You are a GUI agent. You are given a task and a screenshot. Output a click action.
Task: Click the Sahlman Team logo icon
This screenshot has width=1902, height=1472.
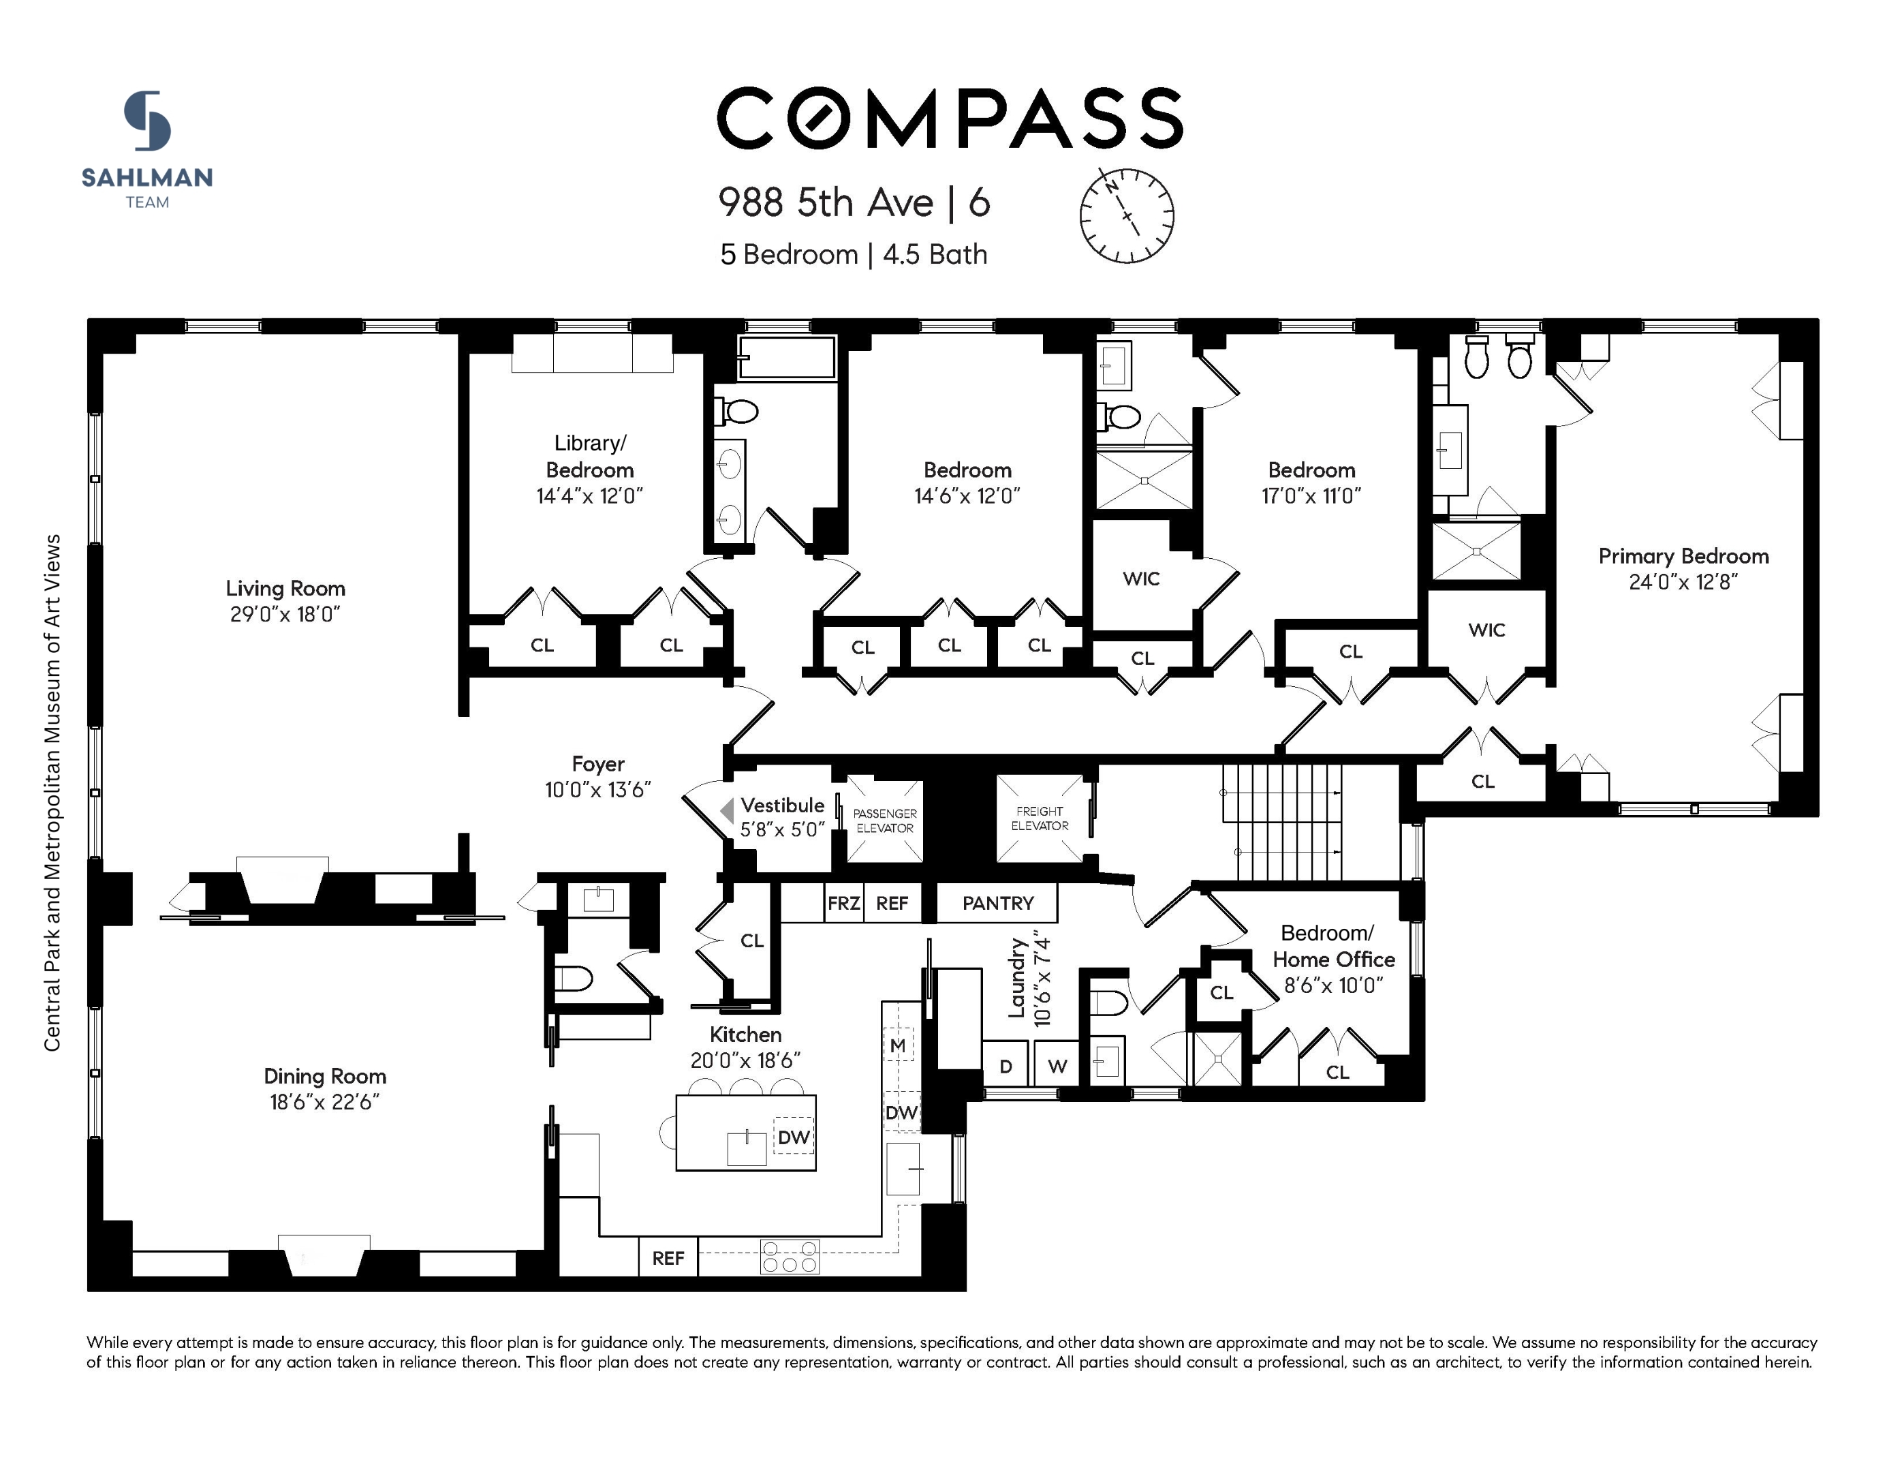click(147, 121)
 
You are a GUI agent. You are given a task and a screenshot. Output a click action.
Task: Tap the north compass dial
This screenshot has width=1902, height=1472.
click(1126, 215)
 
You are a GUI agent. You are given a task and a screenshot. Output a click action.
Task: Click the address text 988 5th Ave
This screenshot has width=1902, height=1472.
click(826, 202)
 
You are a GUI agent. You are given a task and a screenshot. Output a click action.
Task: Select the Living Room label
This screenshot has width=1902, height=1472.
click(285, 589)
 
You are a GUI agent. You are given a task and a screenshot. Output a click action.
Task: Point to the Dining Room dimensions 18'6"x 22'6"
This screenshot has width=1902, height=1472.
click(324, 1102)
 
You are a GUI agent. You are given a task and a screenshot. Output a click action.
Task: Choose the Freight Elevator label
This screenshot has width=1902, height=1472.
click(1039, 818)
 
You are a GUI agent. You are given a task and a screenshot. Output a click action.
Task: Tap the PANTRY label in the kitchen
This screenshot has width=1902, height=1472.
click(997, 903)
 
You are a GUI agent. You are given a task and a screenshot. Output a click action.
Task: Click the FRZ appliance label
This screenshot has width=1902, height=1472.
click(843, 903)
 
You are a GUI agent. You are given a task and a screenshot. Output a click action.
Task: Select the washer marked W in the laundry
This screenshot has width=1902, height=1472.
click(1057, 1066)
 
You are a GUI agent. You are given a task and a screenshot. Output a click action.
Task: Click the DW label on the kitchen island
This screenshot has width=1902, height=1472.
click(794, 1137)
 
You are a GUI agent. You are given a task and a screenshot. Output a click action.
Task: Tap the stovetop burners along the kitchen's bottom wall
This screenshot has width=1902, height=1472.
click(789, 1256)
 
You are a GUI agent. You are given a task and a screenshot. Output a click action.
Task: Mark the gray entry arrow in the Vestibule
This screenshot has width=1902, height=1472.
click(726, 811)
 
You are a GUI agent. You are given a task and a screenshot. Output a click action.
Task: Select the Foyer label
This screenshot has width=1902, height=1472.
click(597, 764)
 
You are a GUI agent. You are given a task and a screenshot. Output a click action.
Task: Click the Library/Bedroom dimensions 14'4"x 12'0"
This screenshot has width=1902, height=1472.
click(589, 495)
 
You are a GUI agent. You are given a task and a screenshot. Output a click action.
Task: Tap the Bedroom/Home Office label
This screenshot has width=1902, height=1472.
click(1332, 946)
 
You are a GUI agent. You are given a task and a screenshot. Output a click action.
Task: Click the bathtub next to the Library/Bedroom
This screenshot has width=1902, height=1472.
click(786, 357)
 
